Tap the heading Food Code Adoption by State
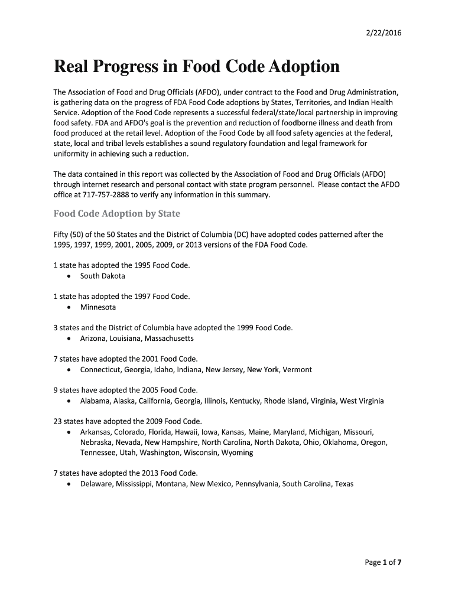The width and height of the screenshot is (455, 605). pos(117,213)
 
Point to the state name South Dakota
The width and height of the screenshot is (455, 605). pos(103,276)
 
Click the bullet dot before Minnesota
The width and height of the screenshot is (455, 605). pos(70,307)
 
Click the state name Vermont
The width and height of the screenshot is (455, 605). pos(298,370)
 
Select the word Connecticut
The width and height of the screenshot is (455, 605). pos(100,370)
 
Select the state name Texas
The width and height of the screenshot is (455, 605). pos(343,484)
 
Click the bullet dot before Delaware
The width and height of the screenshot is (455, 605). pos(70,484)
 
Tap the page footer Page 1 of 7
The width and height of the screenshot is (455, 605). pos(383,562)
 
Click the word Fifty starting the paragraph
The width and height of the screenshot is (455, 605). pos(63,235)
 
